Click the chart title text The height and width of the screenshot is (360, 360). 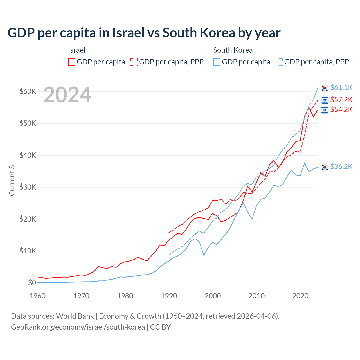click(144, 33)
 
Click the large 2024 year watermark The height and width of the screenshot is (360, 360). click(67, 95)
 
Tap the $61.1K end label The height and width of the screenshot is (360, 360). click(341, 87)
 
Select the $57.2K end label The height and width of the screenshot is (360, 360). click(341, 100)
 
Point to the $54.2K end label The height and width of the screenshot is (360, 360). click(341, 109)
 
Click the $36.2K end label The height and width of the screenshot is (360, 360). click(341, 166)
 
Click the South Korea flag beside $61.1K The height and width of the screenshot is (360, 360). click(325, 88)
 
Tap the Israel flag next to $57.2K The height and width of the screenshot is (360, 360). click(325, 100)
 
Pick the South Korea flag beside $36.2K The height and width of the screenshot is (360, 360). click(325, 167)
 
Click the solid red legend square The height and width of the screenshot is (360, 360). click(72, 62)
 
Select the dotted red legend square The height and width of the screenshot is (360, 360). click(134, 62)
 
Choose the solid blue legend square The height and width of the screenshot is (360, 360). click(217, 62)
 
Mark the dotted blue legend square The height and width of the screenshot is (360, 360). click(279, 62)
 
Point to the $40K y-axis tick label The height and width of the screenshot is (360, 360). click(28, 155)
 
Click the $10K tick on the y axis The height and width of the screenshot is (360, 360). click(28, 251)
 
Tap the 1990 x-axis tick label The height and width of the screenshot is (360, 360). click(169, 296)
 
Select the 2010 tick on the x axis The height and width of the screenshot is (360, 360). click(256, 296)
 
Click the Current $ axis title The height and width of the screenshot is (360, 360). click(12, 181)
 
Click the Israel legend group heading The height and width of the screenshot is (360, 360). click(76, 50)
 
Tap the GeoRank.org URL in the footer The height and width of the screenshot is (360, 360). click(78, 327)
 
